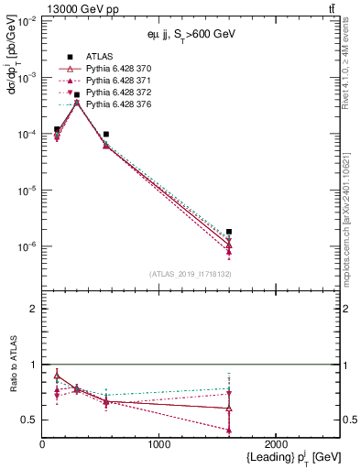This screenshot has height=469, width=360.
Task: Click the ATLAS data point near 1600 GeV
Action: coord(229,232)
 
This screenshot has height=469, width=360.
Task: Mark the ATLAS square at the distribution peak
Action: coord(77,94)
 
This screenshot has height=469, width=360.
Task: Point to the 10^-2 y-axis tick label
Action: coord(27,21)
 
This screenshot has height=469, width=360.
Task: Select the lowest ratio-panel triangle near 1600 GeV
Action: coord(229,430)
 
